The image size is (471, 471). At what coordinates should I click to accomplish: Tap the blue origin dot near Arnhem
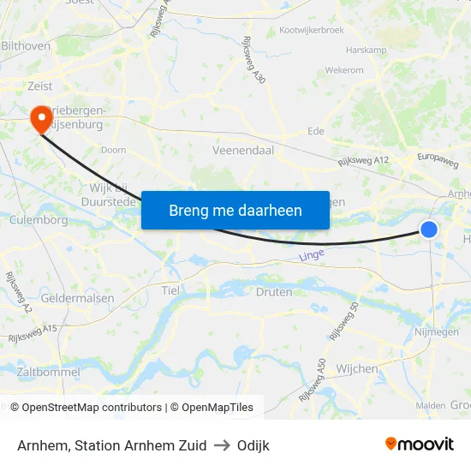tap(429, 229)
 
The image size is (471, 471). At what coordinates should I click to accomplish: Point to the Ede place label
tap(316, 132)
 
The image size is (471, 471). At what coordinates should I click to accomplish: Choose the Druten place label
tap(274, 292)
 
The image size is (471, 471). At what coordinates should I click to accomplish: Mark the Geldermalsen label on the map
tap(78, 298)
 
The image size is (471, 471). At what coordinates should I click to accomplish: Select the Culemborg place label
tap(38, 220)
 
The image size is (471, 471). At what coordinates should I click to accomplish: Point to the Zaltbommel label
tap(48, 373)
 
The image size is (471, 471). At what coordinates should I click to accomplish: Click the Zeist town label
tap(39, 86)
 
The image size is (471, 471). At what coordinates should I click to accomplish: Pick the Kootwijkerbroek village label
tap(312, 31)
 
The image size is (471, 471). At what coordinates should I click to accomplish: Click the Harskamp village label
tap(367, 51)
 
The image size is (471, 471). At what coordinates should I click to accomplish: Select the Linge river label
tap(312, 255)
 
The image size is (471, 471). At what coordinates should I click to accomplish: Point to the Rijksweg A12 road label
tap(363, 160)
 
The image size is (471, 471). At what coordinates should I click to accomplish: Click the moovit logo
tap(419, 444)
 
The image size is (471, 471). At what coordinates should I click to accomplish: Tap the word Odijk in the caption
tap(253, 445)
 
